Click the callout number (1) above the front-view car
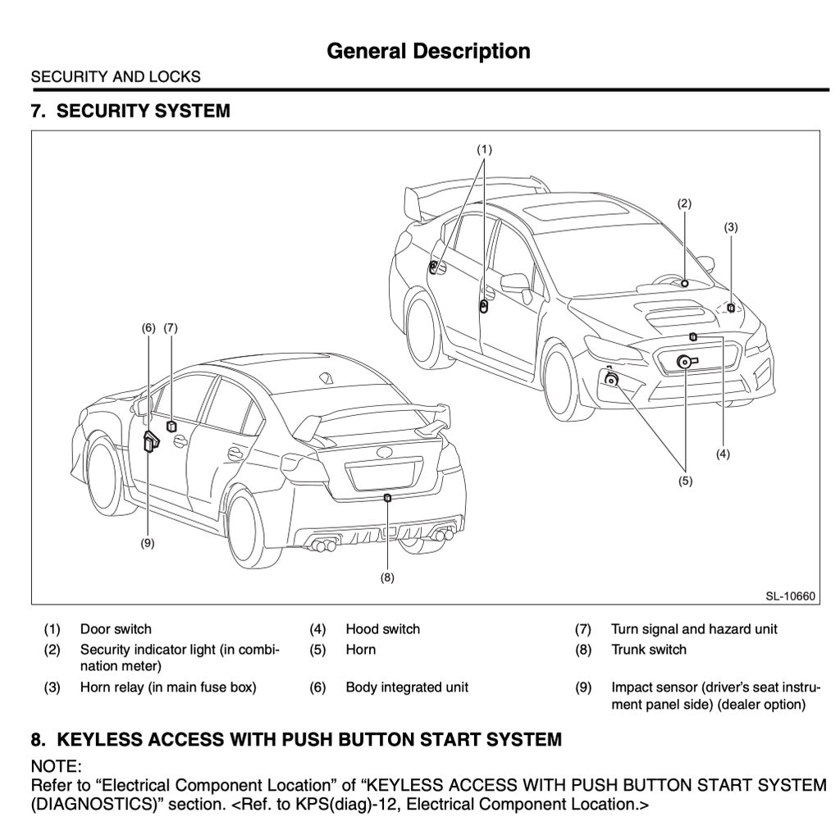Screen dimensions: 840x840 pyautogui.click(x=484, y=149)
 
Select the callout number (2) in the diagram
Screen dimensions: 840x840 pyautogui.click(x=684, y=203)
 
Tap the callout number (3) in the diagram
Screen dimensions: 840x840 pyautogui.click(x=731, y=227)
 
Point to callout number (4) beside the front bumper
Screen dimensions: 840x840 pyautogui.click(x=723, y=453)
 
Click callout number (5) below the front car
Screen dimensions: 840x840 pyautogui.click(x=685, y=481)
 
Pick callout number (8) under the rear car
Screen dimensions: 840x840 pyautogui.click(x=387, y=577)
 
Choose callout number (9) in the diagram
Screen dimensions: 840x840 pyautogui.click(x=148, y=543)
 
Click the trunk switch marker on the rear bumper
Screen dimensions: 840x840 pyautogui.click(x=387, y=497)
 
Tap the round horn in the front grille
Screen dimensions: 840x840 pyautogui.click(x=683, y=362)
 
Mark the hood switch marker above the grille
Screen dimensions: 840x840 pyautogui.click(x=693, y=336)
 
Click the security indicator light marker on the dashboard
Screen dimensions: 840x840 pyautogui.click(x=684, y=283)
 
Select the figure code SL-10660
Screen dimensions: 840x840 pyautogui.click(x=791, y=596)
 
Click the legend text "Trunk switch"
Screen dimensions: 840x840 pyautogui.click(x=649, y=650)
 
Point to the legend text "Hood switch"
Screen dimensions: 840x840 pyautogui.click(x=382, y=629)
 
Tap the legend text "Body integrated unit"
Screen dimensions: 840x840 pyautogui.click(x=407, y=687)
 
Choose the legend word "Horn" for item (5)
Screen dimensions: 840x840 pyautogui.click(x=361, y=650)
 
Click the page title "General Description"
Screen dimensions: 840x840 pyautogui.click(x=428, y=51)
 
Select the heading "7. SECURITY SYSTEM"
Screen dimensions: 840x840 pyautogui.click(x=130, y=111)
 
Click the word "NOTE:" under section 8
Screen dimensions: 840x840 pyautogui.click(x=56, y=766)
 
